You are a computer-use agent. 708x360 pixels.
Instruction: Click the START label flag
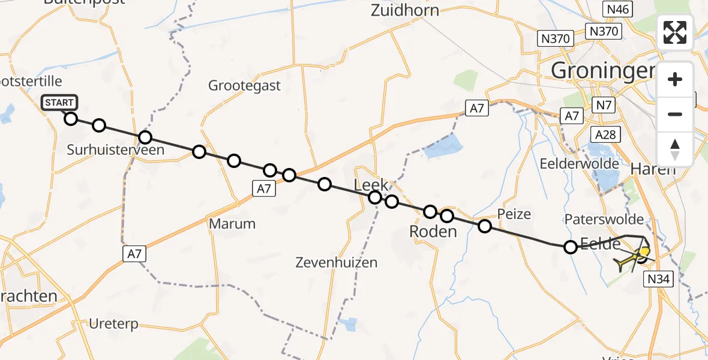(59, 103)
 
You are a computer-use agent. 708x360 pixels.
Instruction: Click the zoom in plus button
(675, 79)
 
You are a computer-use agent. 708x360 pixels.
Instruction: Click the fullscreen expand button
(675, 32)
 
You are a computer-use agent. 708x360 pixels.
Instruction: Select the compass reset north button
(675, 149)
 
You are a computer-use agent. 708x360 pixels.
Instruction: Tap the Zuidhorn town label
(405, 10)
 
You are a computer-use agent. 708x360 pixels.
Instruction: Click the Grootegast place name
(244, 85)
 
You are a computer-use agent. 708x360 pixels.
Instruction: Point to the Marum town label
(232, 224)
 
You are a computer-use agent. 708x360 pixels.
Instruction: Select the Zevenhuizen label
(337, 262)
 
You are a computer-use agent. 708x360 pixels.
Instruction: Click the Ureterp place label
(113, 324)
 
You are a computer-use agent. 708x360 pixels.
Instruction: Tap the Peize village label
(514, 214)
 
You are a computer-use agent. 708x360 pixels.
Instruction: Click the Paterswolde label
(604, 220)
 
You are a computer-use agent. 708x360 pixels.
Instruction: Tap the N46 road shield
(617, 8)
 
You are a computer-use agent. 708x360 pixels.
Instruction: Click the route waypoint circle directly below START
(71, 118)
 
